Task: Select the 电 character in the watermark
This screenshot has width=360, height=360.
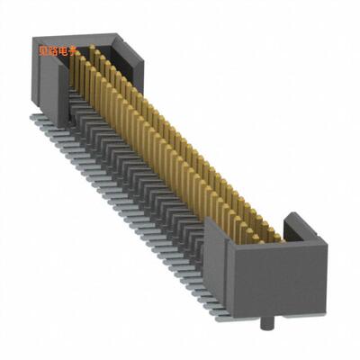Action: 72,51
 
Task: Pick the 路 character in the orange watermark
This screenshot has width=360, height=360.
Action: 59,51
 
